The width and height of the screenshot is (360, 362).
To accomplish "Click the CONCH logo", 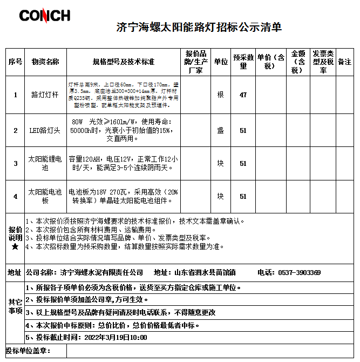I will [x=44, y=15].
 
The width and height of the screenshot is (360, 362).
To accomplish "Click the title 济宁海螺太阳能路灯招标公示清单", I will [x=199, y=27].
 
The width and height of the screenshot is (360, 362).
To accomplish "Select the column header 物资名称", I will [x=45, y=62].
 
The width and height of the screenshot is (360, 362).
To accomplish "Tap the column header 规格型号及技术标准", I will [x=124, y=62].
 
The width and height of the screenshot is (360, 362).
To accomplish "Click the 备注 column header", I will [x=344, y=62].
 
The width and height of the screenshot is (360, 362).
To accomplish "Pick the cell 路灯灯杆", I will [x=45, y=95].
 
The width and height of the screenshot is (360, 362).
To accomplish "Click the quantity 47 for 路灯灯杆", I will [x=243, y=95].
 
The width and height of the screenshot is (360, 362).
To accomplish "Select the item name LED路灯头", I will [x=45, y=130].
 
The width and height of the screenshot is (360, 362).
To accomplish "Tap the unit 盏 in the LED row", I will [x=220, y=130].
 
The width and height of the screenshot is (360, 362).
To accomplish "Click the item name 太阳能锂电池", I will [x=45, y=163].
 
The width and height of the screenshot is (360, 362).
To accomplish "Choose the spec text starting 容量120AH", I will [x=123, y=163].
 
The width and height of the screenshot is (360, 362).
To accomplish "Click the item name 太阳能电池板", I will [x=45, y=196].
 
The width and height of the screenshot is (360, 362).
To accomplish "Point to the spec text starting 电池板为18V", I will [x=123, y=196].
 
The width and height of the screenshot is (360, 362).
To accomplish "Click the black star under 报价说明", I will [x=15, y=247].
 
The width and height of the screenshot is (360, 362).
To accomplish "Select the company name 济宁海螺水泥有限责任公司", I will [x=101, y=272].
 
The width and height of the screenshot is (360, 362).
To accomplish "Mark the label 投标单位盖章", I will [x=28, y=351].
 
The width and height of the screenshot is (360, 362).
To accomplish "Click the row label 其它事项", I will [x=15, y=306].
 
